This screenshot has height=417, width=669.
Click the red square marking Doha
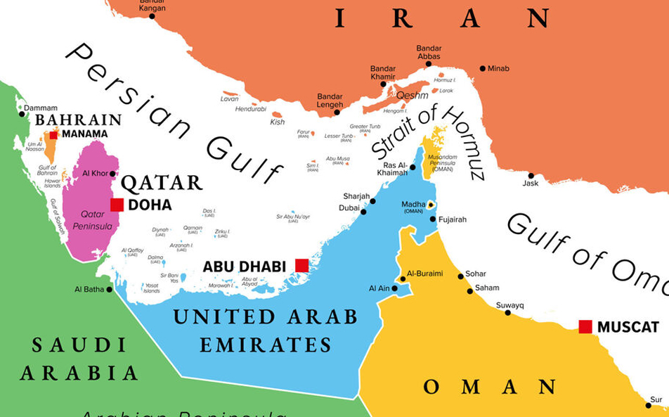[x=117, y=205]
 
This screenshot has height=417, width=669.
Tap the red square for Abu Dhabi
[x=301, y=265]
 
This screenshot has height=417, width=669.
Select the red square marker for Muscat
[x=585, y=326]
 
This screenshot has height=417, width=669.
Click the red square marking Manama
[x=53, y=134]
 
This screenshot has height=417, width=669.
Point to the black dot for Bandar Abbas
[x=428, y=64]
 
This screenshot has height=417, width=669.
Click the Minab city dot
[x=483, y=68]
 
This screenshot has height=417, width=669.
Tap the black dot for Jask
[x=531, y=176]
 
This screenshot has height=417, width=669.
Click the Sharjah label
[x=356, y=196]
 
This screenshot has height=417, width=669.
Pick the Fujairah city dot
[x=433, y=219]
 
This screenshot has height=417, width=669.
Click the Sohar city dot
[x=461, y=276]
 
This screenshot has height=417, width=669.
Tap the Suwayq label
[x=510, y=305]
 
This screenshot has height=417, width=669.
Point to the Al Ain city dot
[x=395, y=288]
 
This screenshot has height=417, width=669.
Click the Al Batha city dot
[x=110, y=289]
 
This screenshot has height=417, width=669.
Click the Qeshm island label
[x=412, y=95]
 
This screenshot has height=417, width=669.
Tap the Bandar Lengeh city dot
[x=337, y=112]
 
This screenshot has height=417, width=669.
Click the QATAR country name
[x=162, y=184]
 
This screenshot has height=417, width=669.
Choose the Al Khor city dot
[x=112, y=174]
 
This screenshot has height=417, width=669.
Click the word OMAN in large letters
[x=490, y=387]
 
